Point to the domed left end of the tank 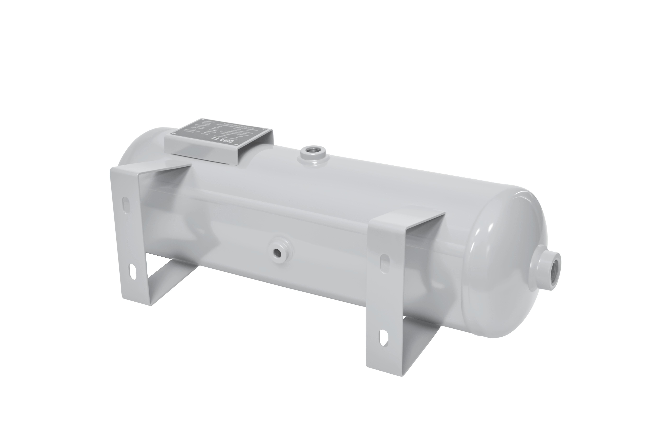[x=136, y=148]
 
